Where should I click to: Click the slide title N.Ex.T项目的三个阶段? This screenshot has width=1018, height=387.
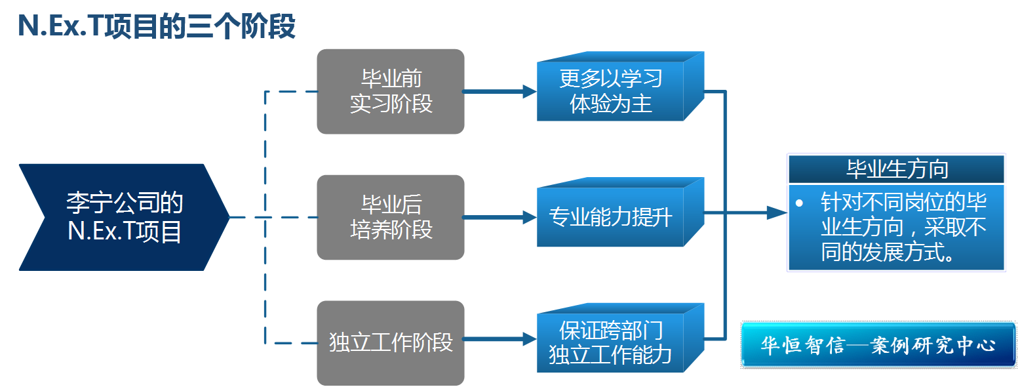156,27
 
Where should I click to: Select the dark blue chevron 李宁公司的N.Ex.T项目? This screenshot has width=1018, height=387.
124,217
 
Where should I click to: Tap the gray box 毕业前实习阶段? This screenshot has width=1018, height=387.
391,92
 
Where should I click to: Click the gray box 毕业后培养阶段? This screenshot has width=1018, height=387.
391,217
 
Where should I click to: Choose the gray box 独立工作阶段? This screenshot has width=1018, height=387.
391,342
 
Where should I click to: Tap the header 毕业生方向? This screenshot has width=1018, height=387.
897,170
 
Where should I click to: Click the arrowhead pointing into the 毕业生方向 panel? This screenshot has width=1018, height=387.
776,212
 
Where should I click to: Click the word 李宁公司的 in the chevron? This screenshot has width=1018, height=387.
124,203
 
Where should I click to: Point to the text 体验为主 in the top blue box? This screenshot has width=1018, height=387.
611,104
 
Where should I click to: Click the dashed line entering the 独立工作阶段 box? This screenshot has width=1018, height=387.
292,342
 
